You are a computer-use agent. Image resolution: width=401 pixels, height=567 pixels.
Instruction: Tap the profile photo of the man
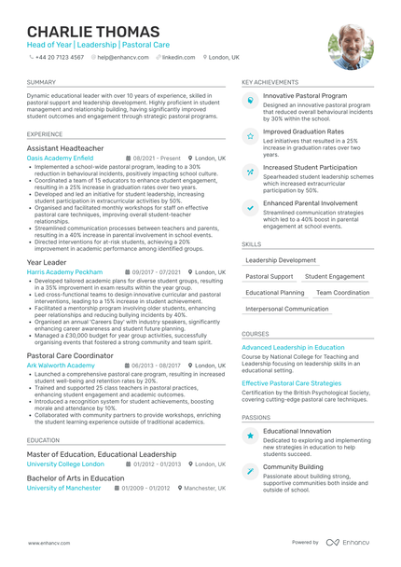click(350, 47)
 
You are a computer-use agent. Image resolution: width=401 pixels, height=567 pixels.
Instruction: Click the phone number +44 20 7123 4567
click(58, 57)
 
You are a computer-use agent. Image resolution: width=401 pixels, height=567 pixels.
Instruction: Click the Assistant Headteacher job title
click(65, 148)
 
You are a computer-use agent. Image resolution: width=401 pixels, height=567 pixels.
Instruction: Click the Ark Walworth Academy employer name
click(61, 366)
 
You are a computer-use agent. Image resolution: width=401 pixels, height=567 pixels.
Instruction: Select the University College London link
click(65, 463)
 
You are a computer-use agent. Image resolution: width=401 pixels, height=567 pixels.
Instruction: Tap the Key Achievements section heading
click(270, 82)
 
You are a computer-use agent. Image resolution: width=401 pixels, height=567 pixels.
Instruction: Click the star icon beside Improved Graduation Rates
click(250, 136)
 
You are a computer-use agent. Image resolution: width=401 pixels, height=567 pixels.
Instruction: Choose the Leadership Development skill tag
click(281, 260)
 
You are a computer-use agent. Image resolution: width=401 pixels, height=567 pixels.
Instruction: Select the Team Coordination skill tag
click(342, 292)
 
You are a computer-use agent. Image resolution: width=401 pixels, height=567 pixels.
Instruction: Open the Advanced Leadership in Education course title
click(293, 347)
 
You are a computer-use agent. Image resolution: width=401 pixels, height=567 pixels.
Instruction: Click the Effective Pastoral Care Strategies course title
click(292, 382)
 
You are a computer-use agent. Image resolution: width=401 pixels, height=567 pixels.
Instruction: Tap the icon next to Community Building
click(250, 471)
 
